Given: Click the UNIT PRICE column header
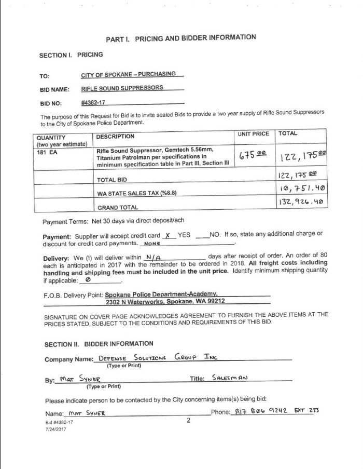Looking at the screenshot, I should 254,134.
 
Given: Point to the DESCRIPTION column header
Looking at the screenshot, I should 115,137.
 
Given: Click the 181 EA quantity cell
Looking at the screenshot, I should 47,153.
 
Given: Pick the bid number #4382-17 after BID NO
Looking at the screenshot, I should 94,103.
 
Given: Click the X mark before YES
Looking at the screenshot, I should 167,235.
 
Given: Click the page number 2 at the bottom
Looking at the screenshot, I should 189,421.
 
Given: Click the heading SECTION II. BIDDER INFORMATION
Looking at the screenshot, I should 99,343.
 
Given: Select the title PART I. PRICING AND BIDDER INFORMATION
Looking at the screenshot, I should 181,38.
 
